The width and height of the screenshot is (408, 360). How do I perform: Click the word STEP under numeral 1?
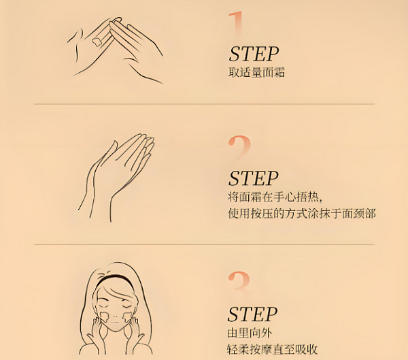click(254, 54)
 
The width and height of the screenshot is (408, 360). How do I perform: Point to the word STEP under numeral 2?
click(254, 178)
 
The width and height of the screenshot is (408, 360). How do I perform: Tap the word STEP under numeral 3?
click(253, 314)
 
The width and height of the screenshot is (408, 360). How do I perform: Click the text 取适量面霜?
click(256, 72)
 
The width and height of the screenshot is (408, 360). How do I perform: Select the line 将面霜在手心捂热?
click(275, 197)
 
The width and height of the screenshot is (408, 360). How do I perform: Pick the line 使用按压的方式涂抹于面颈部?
click(302, 213)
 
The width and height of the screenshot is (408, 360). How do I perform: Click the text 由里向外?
click(250, 333)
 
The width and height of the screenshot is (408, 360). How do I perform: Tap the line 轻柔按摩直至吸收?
click(273, 349)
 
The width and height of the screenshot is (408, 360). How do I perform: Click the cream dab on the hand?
click(97, 42)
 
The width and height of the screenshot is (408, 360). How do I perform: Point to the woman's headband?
click(114, 279)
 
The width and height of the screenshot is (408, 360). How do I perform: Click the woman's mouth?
click(114, 322)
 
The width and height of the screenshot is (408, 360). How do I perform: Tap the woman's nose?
click(115, 315)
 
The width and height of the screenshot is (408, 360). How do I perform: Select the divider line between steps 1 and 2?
click(204, 104)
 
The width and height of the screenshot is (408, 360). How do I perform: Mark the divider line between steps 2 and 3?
click(204, 244)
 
